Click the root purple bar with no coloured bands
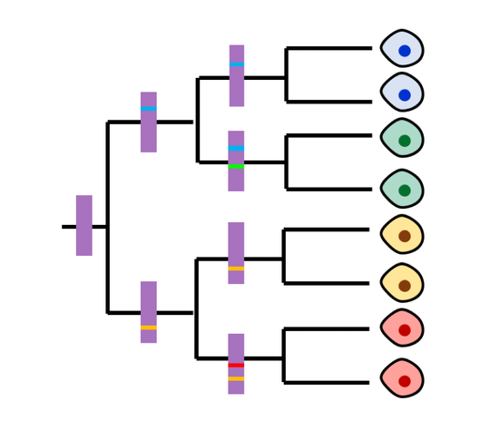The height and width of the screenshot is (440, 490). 83,225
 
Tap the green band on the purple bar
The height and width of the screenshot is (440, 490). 236,166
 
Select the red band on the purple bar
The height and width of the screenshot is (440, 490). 236,365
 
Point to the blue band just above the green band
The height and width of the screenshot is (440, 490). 236,148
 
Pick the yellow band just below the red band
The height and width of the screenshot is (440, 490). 236,378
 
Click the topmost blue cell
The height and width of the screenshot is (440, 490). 401,48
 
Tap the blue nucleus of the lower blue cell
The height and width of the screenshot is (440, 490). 405,95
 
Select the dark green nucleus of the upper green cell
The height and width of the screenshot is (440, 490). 405,141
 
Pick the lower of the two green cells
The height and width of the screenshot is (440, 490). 401,189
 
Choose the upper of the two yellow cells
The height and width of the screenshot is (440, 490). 401,234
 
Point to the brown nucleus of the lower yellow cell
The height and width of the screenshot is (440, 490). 405,286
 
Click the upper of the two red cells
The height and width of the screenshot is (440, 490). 401,328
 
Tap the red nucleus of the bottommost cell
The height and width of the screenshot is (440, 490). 405,381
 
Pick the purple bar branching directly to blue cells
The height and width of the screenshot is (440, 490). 236,86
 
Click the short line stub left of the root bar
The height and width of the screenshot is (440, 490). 68,227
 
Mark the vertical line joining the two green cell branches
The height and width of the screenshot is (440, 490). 287,162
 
